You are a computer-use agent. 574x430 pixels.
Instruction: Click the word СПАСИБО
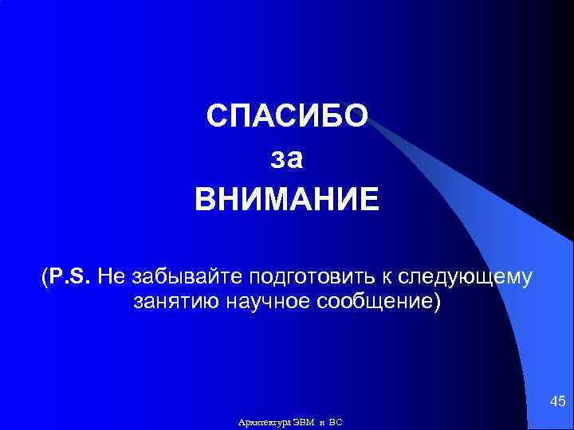click(287, 117)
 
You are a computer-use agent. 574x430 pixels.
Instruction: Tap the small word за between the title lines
click(287, 158)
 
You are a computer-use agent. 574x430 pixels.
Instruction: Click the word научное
click(266, 303)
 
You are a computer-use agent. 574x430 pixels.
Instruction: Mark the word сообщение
click(375, 303)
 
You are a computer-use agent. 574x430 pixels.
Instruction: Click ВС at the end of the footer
click(336, 421)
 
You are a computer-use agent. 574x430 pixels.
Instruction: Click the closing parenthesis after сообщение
click(436, 303)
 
